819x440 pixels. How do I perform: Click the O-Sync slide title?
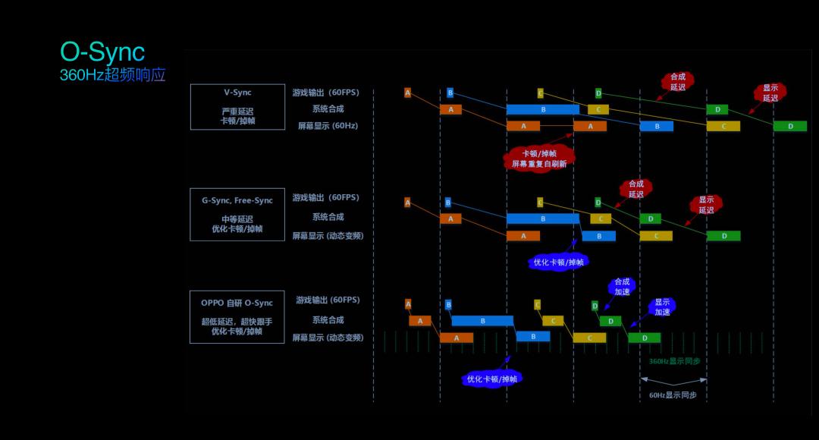[x=102, y=52]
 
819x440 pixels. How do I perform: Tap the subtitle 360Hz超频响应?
[x=112, y=75]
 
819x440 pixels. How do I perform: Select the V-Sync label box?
[x=237, y=107]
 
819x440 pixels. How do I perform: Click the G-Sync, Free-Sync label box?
[x=237, y=214]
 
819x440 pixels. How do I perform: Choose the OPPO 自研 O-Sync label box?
[x=237, y=316]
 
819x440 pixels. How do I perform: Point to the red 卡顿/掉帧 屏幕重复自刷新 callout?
[x=538, y=159]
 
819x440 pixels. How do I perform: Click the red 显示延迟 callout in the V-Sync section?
[x=770, y=93]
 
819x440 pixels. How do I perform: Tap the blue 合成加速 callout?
[x=622, y=286]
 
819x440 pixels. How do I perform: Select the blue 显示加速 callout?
[x=662, y=306]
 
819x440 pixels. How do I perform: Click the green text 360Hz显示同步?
[x=674, y=361]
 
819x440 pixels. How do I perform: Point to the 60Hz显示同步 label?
[x=673, y=395]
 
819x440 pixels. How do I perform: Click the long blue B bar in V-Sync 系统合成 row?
[x=543, y=109]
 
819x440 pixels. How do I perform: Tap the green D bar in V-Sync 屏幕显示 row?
[x=790, y=126]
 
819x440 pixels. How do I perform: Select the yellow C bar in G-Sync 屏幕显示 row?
[x=656, y=236]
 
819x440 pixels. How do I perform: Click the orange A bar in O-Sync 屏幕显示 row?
[x=457, y=338]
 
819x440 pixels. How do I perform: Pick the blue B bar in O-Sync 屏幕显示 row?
[x=533, y=336]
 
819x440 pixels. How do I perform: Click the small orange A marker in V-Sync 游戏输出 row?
[x=407, y=93]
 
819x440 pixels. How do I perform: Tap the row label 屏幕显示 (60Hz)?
[x=328, y=126]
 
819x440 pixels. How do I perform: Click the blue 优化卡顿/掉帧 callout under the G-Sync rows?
[x=559, y=262]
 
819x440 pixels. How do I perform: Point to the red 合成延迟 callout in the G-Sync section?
[x=635, y=189]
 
